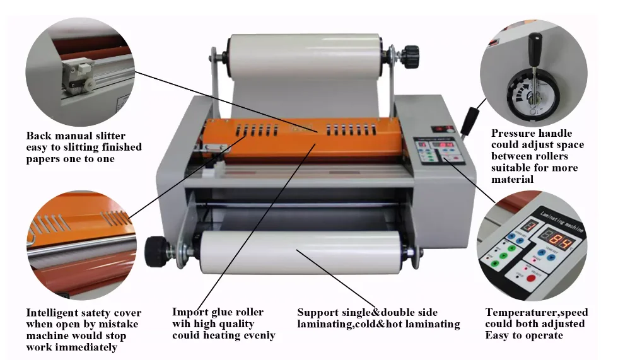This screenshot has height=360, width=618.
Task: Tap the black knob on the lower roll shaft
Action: pos(155,250)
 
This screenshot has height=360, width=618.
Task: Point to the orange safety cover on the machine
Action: pos(303,139)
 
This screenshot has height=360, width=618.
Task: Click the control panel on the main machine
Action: pos(440,153)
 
